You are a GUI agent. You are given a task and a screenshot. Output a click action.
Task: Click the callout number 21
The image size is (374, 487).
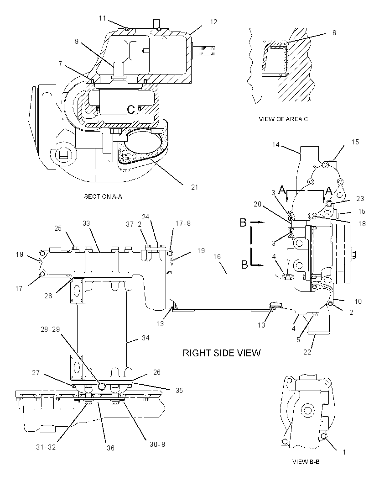[194, 187]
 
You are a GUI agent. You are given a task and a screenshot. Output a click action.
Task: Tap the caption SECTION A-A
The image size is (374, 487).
[103, 196]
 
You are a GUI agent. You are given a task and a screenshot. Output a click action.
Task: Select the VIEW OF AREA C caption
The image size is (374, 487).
[283, 119]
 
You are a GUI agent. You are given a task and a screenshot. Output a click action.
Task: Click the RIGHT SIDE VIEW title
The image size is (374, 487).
[222, 353]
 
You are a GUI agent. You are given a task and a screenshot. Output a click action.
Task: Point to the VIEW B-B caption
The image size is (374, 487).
[306, 462]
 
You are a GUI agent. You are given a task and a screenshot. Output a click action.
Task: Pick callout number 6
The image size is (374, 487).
[334, 32]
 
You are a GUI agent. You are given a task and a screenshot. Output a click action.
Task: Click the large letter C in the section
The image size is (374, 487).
[131, 109]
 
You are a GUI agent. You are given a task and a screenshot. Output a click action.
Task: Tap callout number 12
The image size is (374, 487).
[213, 22]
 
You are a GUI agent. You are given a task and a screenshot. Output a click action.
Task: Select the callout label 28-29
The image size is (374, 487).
[50, 329]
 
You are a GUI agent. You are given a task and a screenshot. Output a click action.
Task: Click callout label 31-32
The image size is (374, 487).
[46, 448]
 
